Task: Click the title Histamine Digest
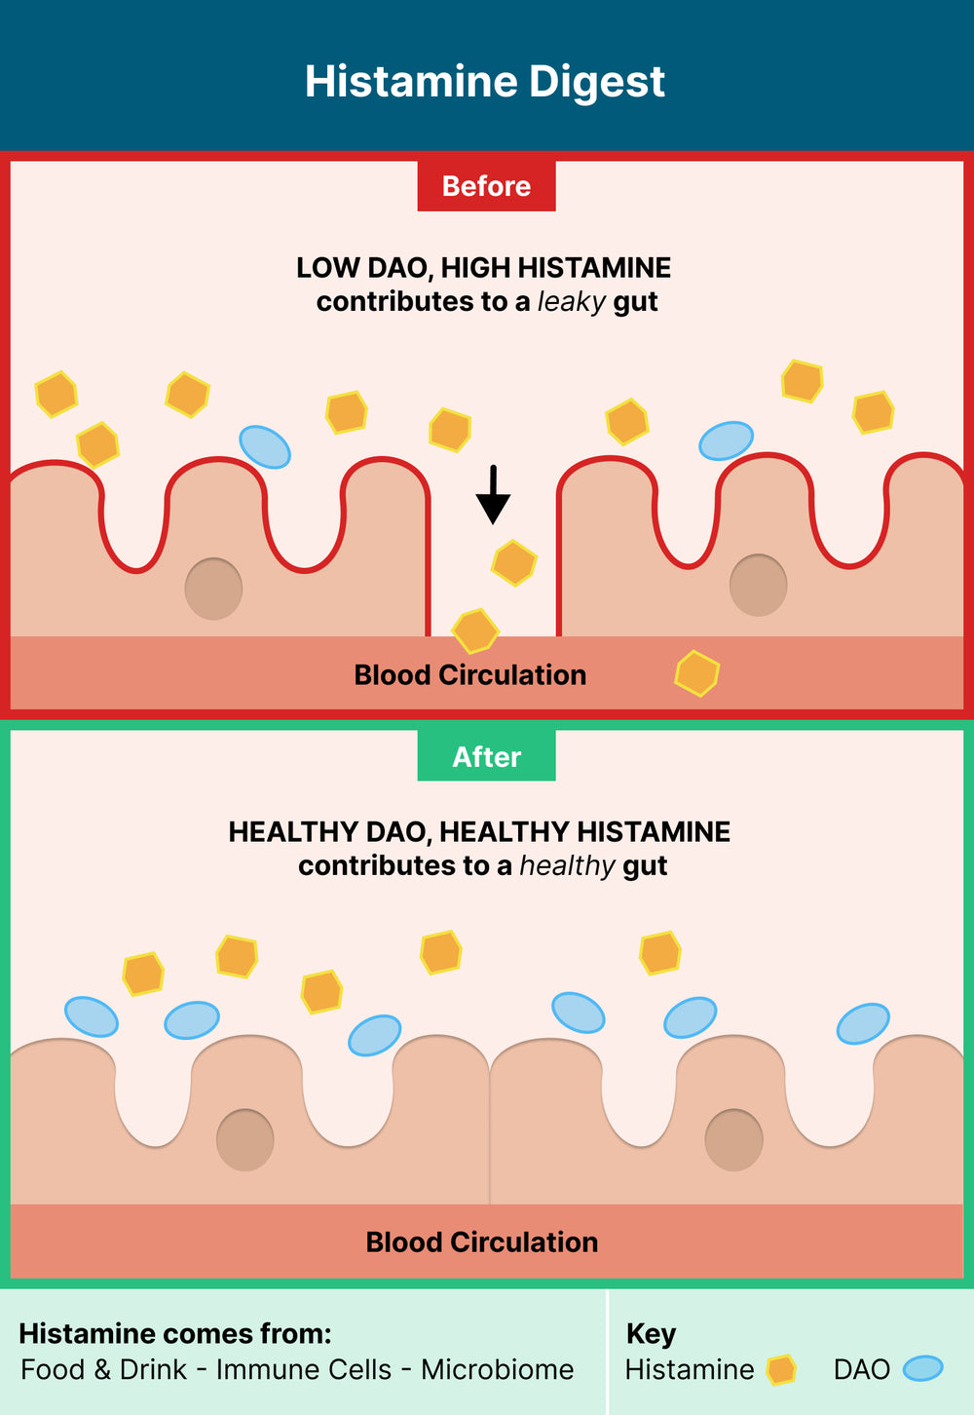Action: click(485, 81)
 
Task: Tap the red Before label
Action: click(486, 186)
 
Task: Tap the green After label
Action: click(486, 756)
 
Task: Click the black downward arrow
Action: click(493, 495)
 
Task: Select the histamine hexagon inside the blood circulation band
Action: click(697, 673)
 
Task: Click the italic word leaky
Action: click(572, 302)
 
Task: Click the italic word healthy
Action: click(567, 865)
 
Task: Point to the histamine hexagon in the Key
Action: click(781, 1369)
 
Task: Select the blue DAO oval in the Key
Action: click(922, 1369)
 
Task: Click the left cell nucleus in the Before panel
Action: click(213, 589)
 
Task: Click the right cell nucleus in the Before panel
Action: click(758, 585)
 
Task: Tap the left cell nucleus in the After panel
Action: click(244, 1139)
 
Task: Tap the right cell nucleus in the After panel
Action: click(733, 1139)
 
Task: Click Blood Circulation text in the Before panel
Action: click(469, 675)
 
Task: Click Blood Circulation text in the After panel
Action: click(481, 1243)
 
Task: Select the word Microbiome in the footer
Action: click(497, 1369)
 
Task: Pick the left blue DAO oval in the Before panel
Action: click(265, 447)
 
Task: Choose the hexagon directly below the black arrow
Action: click(514, 562)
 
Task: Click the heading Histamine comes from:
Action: click(175, 1333)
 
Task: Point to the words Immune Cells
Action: click(303, 1369)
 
